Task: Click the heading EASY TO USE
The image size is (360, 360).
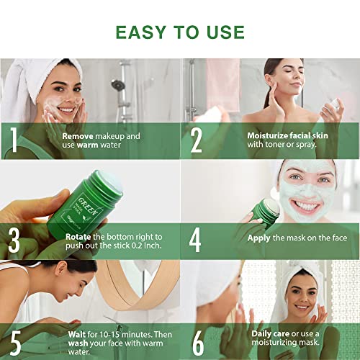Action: (180, 32)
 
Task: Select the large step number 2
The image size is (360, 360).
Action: (196, 140)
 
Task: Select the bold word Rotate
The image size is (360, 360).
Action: (78, 236)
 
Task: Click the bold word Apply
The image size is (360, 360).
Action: (259, 236)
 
